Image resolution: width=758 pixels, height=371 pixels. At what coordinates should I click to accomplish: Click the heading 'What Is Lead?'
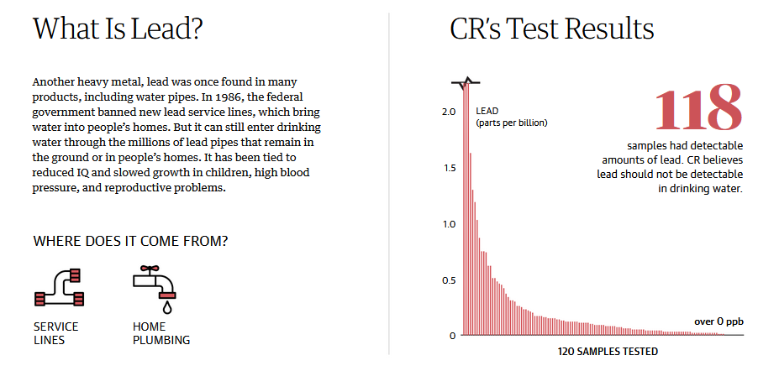118,29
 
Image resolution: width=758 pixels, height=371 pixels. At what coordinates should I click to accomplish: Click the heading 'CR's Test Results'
552,29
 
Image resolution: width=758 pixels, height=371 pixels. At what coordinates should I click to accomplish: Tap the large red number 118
697,107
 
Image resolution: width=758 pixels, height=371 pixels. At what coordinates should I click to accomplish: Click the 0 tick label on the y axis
451,336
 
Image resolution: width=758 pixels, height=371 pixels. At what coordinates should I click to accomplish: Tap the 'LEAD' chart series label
487,111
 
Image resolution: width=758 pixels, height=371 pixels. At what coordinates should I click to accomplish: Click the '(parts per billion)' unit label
511,123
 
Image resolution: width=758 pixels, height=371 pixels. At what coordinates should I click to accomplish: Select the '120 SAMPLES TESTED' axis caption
608,351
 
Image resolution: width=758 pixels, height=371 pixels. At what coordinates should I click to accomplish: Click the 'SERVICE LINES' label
56,333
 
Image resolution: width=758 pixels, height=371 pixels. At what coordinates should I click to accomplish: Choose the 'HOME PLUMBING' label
161,333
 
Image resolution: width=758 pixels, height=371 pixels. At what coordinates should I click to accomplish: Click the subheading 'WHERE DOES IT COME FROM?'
130,242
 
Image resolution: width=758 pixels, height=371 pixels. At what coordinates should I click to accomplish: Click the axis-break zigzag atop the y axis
465,82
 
